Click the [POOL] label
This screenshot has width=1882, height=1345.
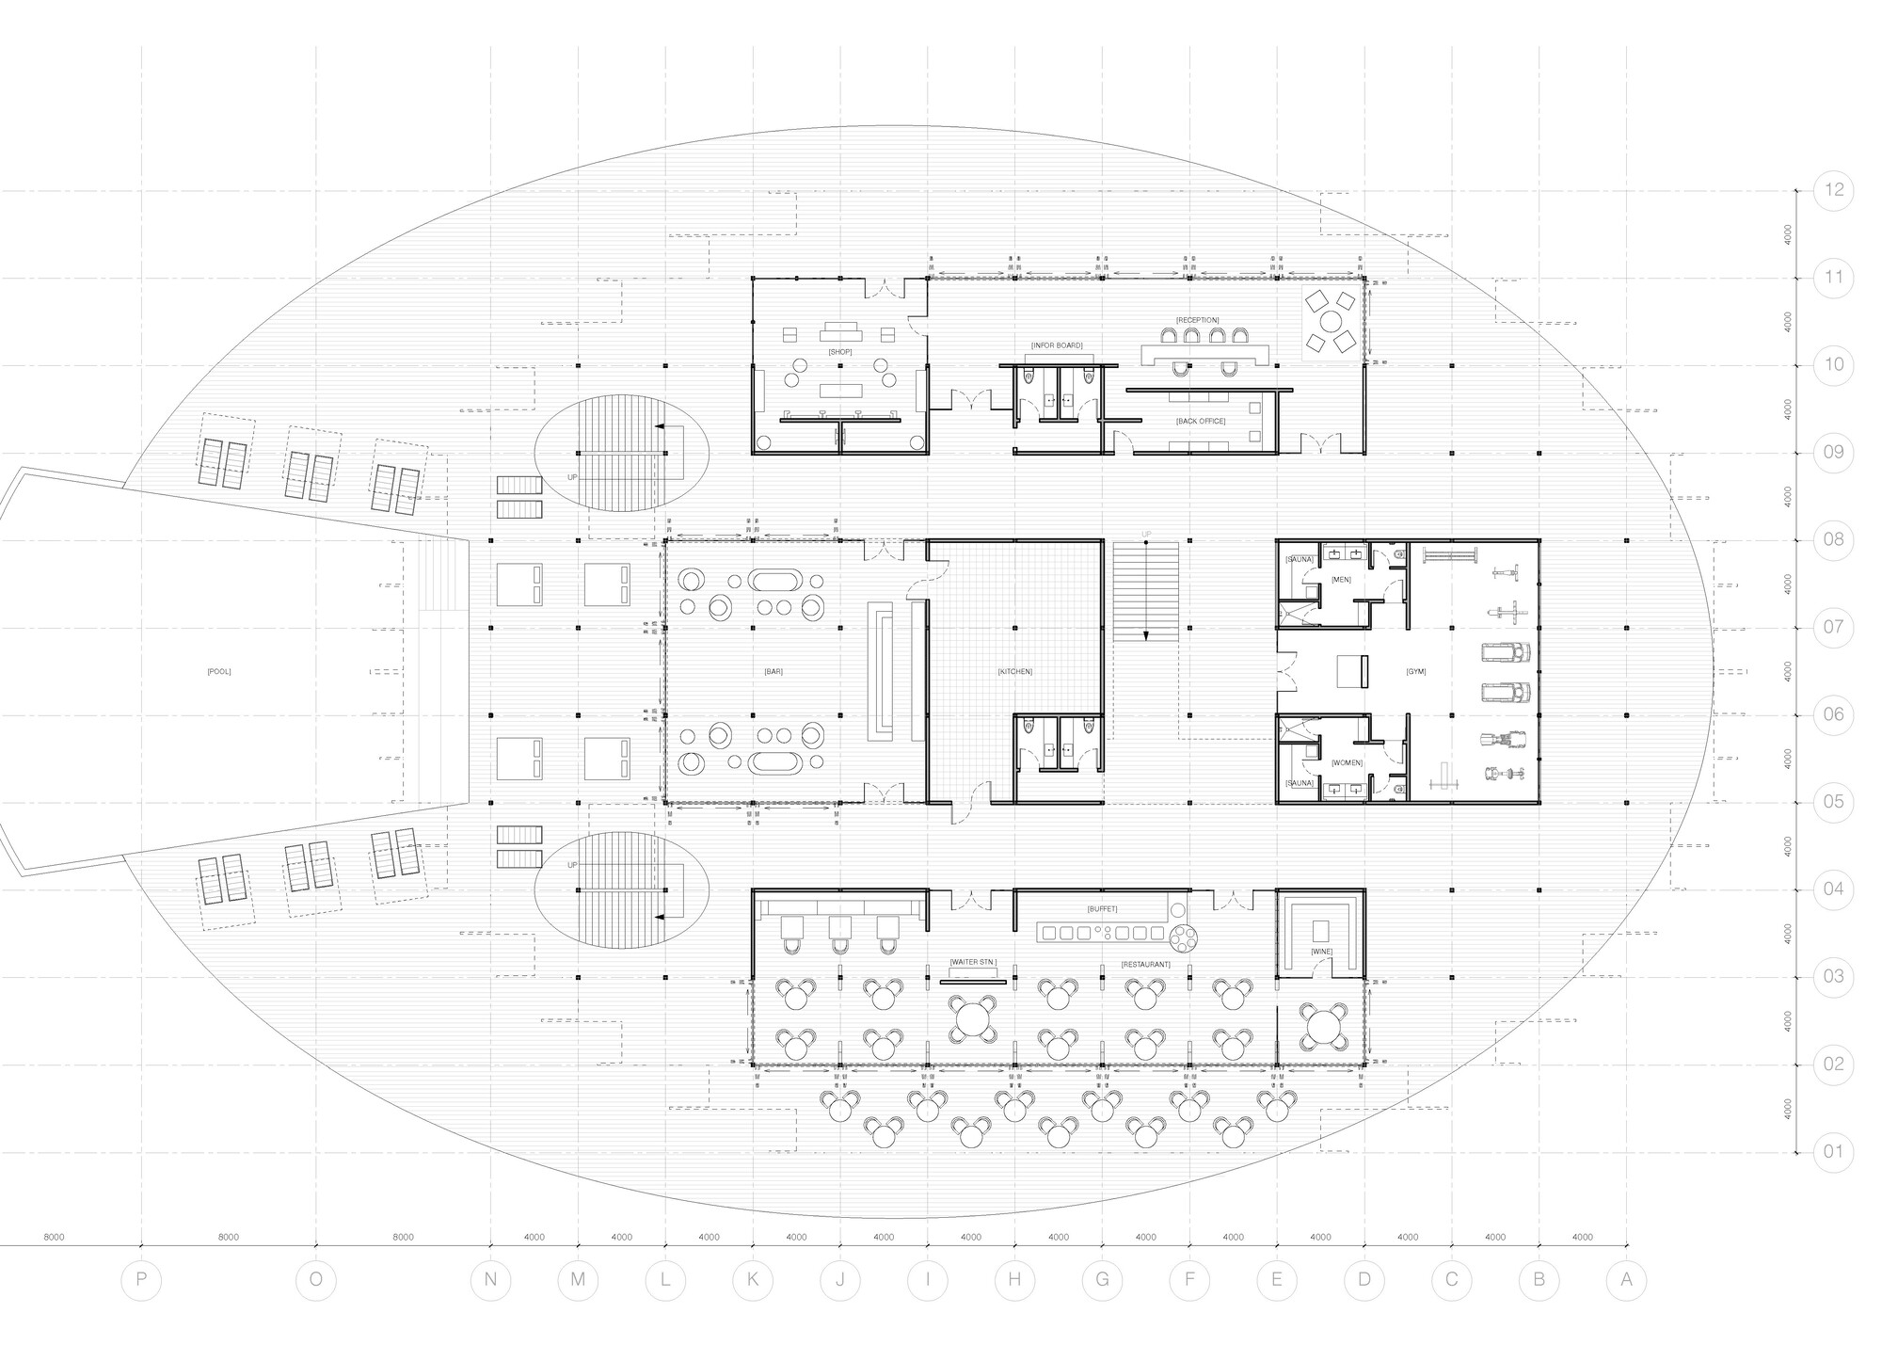pyautogui.click(x=218, y=671)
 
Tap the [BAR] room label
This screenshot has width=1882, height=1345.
pyautogui.click(x=774, y=671)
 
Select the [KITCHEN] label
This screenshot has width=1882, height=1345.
pyautogui.click(x=1015, y=671)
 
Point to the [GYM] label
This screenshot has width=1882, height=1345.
pyautogui.click(x=1416, y=671)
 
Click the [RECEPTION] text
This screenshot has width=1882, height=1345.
pyautogui.click(x=1197, y=320)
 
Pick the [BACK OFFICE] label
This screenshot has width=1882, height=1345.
pyautogui.click(x=1201, y=421)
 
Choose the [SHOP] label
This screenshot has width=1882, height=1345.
pyautogui.click(x=840, y=351)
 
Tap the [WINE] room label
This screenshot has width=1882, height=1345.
pyautogui.click(x=1321, y=952)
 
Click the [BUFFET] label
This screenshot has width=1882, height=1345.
pyautogui.click(x=1102, y=909)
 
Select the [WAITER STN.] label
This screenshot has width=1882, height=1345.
pyautogui.click(x=972, y=962)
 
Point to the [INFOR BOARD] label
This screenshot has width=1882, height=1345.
pyautogui.click(x=1057, y=345)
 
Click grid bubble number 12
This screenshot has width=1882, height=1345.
pyautogui.click(x=1833, y=190)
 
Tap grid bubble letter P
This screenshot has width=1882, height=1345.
pyautogui.click(x=141, y=1279)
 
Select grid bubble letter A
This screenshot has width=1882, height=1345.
pyautogui.click(x=1626, y=1279)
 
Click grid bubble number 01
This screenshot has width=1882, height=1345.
pyautogui.click(x=1833, y=1151)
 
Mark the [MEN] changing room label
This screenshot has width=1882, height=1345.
pyautogui.click(x=1341, y=580)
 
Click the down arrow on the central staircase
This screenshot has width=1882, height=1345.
pyautogui.click(x=1146, y=634)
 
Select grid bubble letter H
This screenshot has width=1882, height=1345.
pyautogui.click(x=1014, y=1279)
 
